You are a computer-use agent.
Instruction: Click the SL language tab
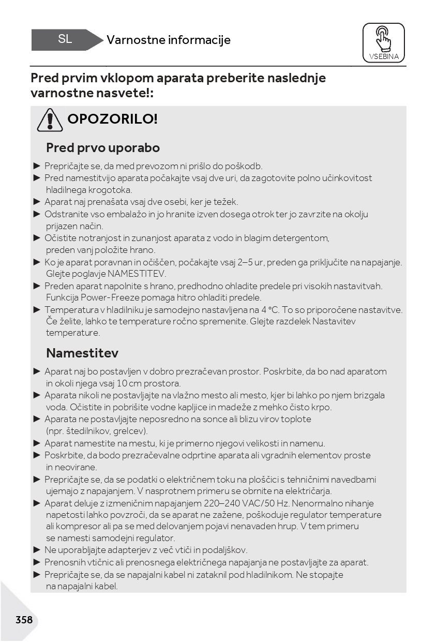[x=65, y=39]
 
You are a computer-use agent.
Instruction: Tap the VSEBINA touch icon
[x=384, y=42]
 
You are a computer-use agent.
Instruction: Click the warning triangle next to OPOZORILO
[x=50, y=119]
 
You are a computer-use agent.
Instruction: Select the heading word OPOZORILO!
[x=112, y=119]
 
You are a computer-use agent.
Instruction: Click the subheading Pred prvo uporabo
[x=103, y=148]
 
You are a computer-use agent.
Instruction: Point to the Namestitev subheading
[x=82, y=353]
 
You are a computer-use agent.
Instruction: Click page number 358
[x=24, y=620]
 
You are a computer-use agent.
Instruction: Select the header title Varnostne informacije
[x=169, y=40]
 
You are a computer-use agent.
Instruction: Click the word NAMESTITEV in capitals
[x=137, y=274]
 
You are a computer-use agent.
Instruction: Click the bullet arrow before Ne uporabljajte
[x=37, y=550]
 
